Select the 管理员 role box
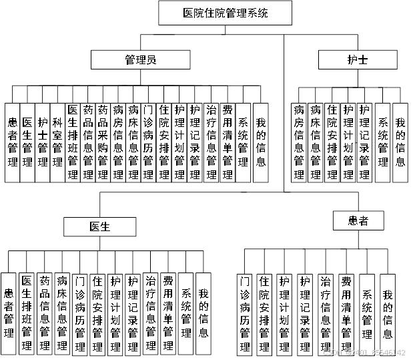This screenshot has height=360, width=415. [x=141, y=61]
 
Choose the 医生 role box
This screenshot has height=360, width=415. [x=99, y=226]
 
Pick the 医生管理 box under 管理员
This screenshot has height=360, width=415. [x=27, y=142]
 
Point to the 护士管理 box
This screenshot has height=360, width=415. [x=43, y=142]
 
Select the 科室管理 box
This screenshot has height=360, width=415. [x=58, y=142]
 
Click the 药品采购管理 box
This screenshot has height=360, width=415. [x=103, y=142]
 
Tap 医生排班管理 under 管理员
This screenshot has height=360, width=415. [x=73, y=142]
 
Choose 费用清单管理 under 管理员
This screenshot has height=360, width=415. [x=228, y=142]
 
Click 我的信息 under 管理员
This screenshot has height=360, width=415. [x=261, y=142]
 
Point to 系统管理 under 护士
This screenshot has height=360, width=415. [x=383, y=142]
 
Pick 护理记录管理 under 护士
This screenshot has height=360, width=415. [x=364, y=142]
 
